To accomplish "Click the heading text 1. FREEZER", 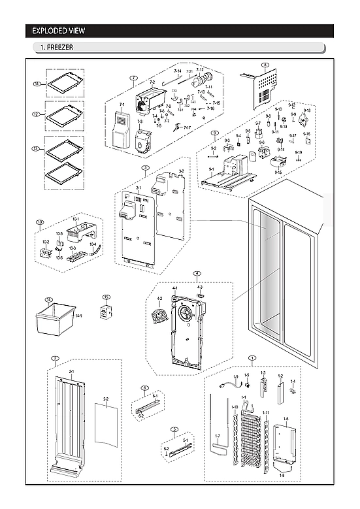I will [56, 48].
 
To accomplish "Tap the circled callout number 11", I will [37, 84].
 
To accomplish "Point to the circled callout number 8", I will [265, 65].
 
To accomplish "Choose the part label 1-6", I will [286, 419].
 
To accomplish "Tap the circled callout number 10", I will [40, 223].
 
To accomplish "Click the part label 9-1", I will [211, 169].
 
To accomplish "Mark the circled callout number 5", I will [174, 429].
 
